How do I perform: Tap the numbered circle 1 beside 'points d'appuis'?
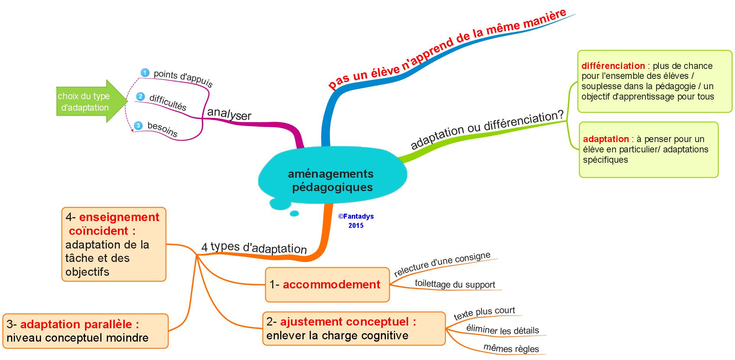point(145,72)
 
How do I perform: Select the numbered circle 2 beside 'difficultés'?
point(140,96)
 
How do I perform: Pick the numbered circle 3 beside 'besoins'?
point(138,125)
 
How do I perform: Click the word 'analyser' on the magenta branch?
point(229,114)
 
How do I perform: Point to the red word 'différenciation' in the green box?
point(613,66)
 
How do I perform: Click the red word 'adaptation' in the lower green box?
point(606,139)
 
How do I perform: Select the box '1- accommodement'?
point(327,285)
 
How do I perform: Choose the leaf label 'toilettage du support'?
point(455,285)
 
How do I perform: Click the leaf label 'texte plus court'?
point(484,313)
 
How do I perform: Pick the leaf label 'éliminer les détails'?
point(502,329)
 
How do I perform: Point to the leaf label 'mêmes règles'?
point(511,349)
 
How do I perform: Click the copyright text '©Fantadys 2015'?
point(356,221)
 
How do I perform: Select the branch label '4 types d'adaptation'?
point(254,248)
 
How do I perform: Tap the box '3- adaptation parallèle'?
point(85,331)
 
